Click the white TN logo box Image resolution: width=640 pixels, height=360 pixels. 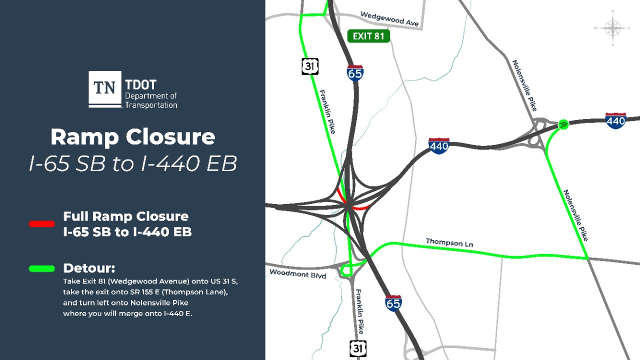[x=105, y=88]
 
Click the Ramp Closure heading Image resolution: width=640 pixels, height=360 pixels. [x=132, y=137]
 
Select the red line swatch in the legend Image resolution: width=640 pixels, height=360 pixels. [x=41, y=224]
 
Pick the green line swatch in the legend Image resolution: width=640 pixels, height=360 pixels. [x=41, y=268]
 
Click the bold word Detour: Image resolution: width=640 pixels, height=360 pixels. [x=89, y=268]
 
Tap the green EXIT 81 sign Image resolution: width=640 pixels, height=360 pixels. [x=368, y=36]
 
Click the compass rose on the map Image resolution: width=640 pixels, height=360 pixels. [x=612, y=28]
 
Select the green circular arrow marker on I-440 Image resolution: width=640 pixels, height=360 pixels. [x=563, y=124]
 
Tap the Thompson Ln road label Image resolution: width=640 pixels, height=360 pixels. [x=449, y=242]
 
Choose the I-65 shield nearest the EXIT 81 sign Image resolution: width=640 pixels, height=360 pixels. [x=355, y=73]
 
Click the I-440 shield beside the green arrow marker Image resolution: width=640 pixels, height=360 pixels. [x=615, y=120]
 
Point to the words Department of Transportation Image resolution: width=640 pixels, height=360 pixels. [x=150, y=100]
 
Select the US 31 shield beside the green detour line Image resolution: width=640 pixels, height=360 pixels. [x=310, y=66]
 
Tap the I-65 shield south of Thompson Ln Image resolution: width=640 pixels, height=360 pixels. [x=393, y=303]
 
